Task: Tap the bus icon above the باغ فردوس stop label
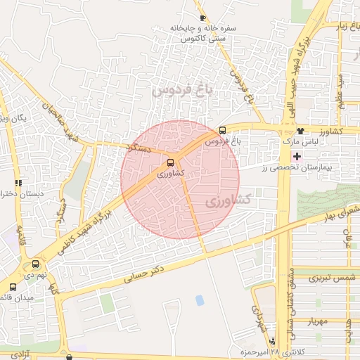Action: pos(223,130)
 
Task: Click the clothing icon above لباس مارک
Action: pos(301,131)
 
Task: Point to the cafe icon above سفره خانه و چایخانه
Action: pos(203,18)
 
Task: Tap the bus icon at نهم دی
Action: pos(36,264)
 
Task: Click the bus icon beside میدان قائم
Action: pos(13,287)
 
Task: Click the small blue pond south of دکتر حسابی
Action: pos(200,300)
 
